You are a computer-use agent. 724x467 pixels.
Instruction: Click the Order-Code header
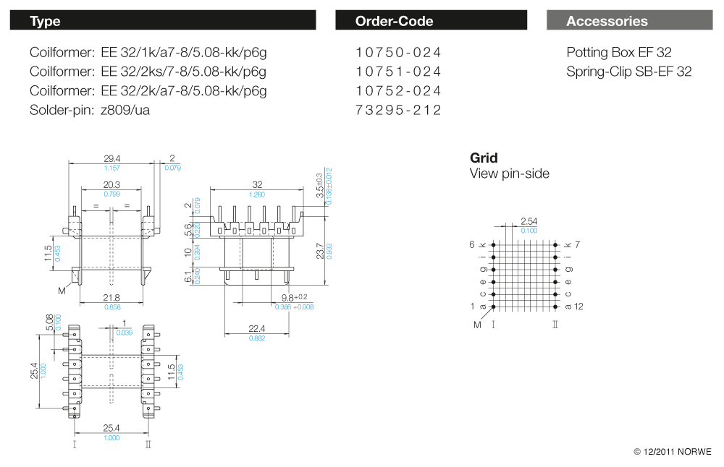coord(394,21)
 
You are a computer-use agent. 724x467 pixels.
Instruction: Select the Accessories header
coord(607,21)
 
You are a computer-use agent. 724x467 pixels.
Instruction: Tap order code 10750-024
coord(398,53)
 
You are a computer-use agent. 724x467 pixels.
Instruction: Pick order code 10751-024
coord(398,72)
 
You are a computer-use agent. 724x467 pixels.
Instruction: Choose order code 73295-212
coord(398,110)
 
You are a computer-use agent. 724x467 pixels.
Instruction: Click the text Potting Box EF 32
coord(619,53)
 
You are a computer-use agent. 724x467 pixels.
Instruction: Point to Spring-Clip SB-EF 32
coord(629,72)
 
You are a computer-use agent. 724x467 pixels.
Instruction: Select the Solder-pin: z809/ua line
coord(90,110)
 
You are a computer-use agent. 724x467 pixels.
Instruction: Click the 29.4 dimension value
coord(111,158)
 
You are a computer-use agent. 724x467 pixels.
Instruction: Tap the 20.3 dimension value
coord(111,185)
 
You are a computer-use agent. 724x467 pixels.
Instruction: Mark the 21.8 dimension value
coord(111,298)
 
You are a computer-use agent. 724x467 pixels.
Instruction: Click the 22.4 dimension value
coord(257,328)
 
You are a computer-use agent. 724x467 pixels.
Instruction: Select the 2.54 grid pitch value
coord(529,221)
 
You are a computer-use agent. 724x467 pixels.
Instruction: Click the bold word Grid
coord(484,158)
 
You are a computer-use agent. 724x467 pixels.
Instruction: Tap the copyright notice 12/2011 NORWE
coord(673,452)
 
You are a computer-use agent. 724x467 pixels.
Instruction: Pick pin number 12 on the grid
coord(578,307)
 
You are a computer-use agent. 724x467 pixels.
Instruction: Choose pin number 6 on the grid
coord(472,244)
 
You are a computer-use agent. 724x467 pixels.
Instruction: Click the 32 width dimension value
coord(257,184)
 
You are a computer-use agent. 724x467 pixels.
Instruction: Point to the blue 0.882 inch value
coord(257,338)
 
